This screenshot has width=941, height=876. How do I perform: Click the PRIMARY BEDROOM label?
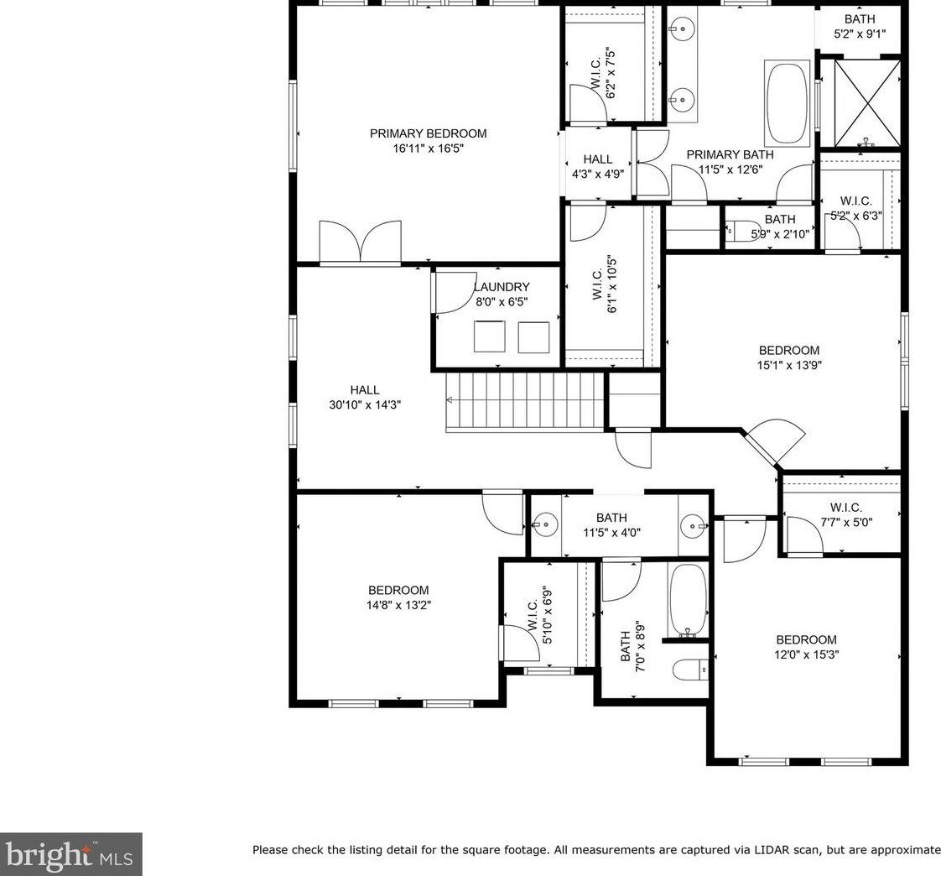click(428, 133)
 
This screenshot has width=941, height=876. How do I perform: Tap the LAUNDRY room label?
click(502, 287)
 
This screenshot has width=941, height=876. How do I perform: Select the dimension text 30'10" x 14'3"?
click(365, 404)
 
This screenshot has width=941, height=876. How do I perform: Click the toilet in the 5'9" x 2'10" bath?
click(740, 230)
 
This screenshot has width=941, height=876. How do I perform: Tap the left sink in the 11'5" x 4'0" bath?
click(545, 524)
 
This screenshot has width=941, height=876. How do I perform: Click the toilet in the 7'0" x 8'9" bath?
click(689, 670)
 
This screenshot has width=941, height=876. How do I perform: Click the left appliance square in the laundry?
click(489, 336)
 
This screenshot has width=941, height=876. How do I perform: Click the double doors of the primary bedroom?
click(360, 242)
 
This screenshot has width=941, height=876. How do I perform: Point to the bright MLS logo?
click(70, 854)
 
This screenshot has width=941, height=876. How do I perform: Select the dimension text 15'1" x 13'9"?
click(789, 364)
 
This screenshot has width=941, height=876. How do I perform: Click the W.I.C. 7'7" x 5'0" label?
click(846, 514)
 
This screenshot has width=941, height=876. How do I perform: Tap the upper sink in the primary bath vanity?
click(683, 28)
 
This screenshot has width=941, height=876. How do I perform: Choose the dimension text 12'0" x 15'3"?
click(807, 654)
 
